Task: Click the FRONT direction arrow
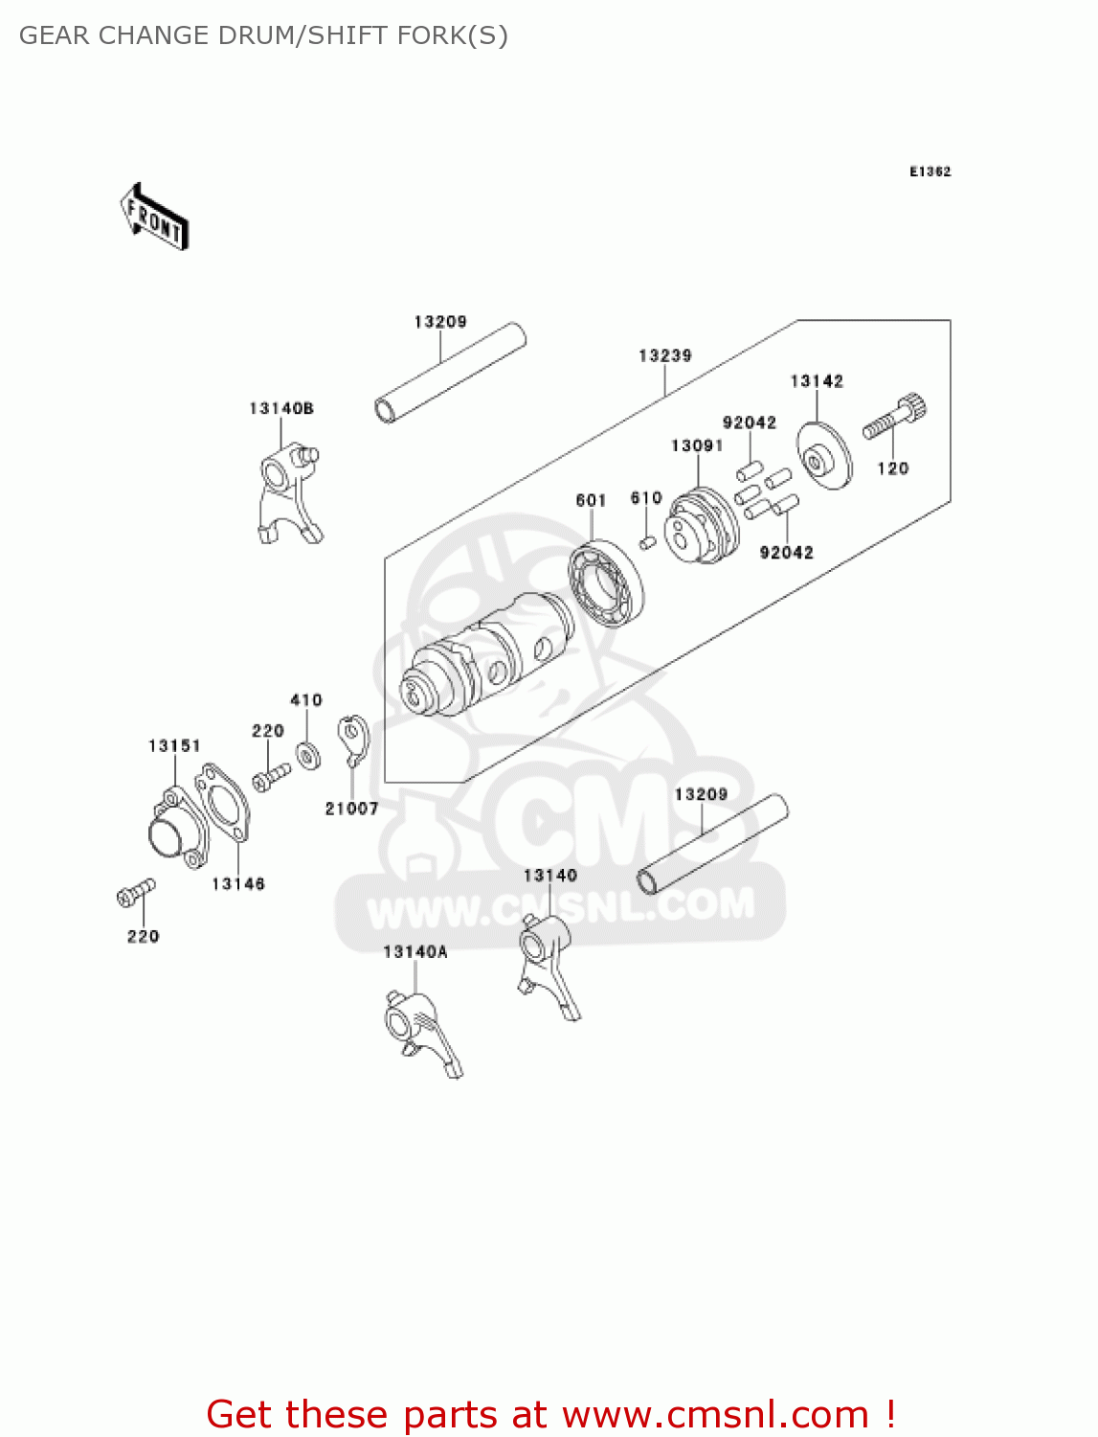tap(154, 217)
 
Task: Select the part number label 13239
tap(664, 355)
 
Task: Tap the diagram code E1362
tap(930, 171)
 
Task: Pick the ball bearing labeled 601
tap(606, 583)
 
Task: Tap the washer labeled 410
tap(307, 754)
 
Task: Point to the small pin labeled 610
tap(647, 543)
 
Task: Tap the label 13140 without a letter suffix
tap(549, 875)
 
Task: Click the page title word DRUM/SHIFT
tap(325, 35)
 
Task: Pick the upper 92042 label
tap(749, 422)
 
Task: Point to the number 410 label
tap(306, 700)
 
